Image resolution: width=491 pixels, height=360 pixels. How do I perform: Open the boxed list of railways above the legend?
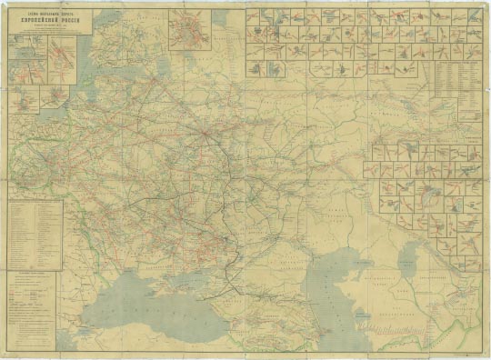pyautogui.click(x=34, y=233)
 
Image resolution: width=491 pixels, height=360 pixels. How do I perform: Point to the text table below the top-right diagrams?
pyautogui.click(x=456, y=91)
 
